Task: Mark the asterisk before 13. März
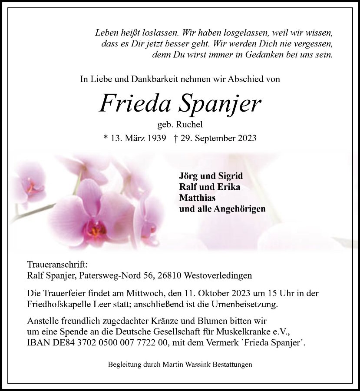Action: tap(106, 138)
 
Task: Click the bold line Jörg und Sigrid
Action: tap(211, 176)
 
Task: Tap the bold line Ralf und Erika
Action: tap(209, 187)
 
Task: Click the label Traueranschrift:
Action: tap(57, 265)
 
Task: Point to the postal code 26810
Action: tap(172, 275)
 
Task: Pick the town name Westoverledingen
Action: tap(218, 275)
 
